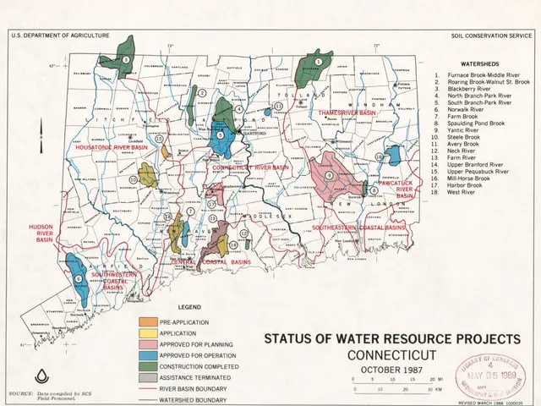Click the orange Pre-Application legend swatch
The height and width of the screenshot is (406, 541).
(x=149, y=323)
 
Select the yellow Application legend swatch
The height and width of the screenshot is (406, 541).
(x=149, y=334)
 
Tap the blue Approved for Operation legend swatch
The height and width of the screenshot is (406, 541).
(x=149, y=356)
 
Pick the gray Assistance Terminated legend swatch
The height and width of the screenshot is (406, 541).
(x=149, y=378)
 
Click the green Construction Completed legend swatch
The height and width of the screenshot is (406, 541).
(x=149, y=367)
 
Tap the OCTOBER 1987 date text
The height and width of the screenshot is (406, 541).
(x=391, y=370)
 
